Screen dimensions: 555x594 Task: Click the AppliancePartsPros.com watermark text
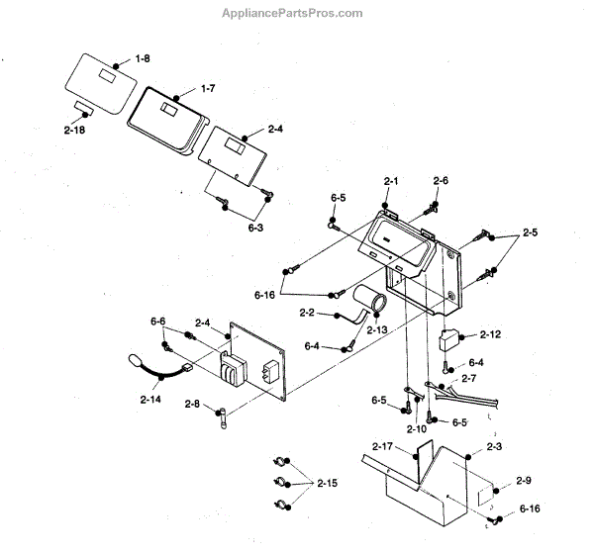click(x=296, y=13)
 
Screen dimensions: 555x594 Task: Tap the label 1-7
click(x=207, y=89)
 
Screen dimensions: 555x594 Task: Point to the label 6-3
click(x=255, y=228)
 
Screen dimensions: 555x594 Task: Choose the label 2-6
click(x=441, y=181)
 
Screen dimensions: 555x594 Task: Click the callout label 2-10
click(x=417, y=428)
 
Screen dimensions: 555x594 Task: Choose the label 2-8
click(x=191, y=404)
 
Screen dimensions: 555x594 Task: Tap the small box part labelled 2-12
click(x=449, y=339)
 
